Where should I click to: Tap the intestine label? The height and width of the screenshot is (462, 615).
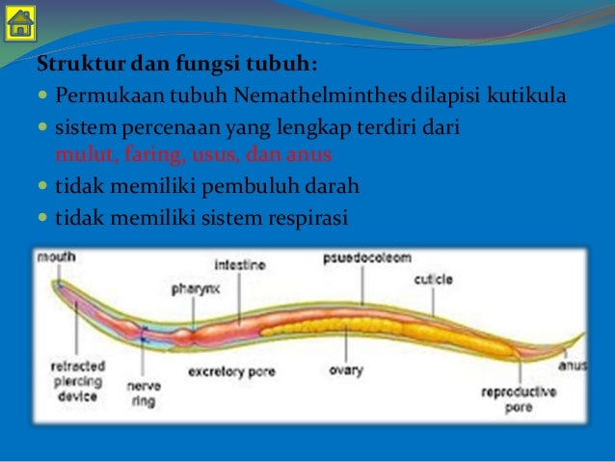click(241, 263)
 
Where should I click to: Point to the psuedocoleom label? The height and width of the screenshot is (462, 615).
click(367, 258)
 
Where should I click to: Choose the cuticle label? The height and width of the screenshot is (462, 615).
click(433, 279)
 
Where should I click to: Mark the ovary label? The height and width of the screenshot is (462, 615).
click(345, 369)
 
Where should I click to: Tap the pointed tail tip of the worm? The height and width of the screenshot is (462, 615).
click(584, 335)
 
